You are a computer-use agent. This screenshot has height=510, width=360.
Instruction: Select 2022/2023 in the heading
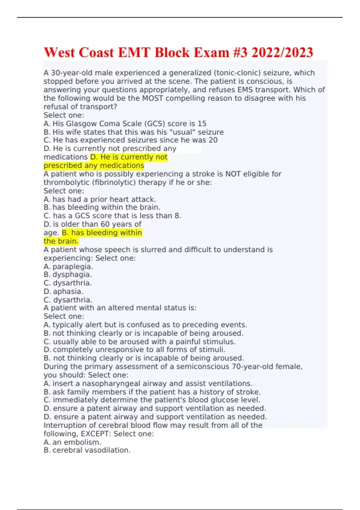pos(282,53)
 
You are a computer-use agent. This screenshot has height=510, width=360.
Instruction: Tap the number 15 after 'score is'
pos(202,124)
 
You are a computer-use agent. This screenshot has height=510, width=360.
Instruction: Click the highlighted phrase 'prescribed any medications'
pos(94,166)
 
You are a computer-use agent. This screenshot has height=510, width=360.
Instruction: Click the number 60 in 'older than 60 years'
pos(105,224)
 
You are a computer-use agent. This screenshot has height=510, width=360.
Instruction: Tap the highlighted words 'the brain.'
pos(61,241)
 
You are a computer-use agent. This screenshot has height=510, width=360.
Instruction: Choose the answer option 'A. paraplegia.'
pos(68,266)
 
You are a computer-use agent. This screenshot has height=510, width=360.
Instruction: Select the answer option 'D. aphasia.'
pos(64,291)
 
